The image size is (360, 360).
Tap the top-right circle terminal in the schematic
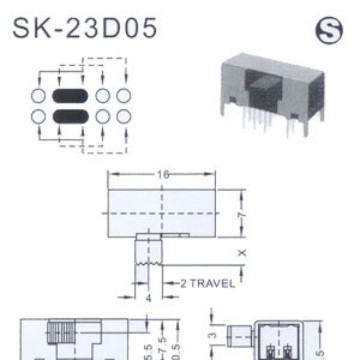pyautogui.click(x=123, y=97)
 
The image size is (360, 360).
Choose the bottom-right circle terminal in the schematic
pyautogui.click(x=123, y=119)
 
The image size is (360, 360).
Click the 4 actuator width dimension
pyautogui.click(x=148, y=297)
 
